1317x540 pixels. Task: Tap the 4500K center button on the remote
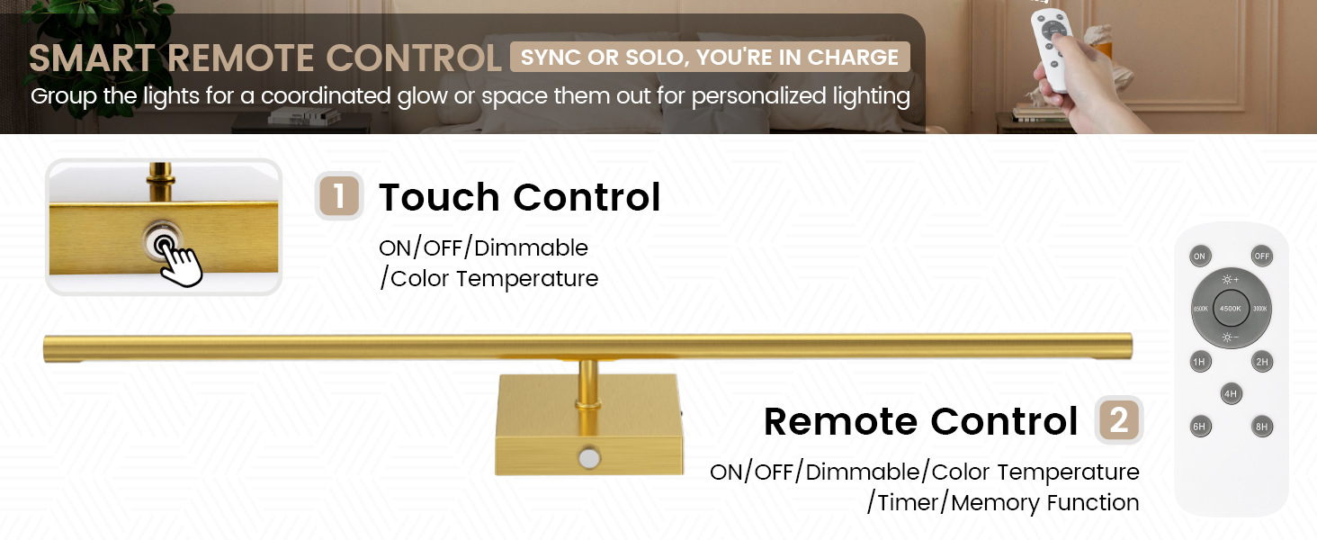pyautogui.click(x=1231, y=308)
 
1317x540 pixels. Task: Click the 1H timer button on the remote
pyautogui.click(x=1199, y=362)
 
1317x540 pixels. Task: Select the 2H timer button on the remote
pyautogui.click(x=1262, y=362)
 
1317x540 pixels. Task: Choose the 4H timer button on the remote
pyautogui.click(x=1231, y=393)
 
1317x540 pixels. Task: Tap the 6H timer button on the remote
pyautogui.click(x=1199, y=427)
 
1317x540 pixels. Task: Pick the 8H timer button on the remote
pyautogui.click(x=1262, y=427)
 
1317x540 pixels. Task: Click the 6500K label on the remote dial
pyautogui.click(x=1201, y=309)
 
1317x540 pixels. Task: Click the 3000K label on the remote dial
pyautogui.click(x=1260, y=309)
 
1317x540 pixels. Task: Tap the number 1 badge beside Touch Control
pyautogui.click(x=338, y=196)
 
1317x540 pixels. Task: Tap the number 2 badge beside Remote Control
pyautogui.click(x=1119, y=420)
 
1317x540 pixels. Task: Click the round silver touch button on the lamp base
pyautogui.click(x=588, y=457)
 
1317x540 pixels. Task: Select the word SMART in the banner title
pyautogui.click(x=92, y=58)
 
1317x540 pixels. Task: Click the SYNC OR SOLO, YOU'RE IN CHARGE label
pyautogui.click(x=710, y=57)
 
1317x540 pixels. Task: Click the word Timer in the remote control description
pyautogui.click(x=909, y=503)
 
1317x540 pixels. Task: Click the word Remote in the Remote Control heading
pyautogui.click(x=841, y=421)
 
